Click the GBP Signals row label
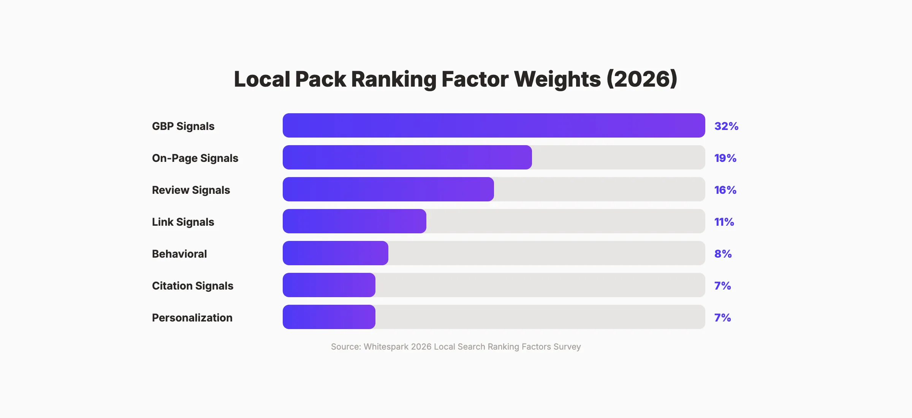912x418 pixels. point(183,126)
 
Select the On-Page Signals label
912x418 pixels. point(195,158)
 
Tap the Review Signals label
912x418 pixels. point(191,190)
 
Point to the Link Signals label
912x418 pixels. point(183,222)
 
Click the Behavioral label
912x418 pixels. point(179,254)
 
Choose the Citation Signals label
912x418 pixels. point(192,286)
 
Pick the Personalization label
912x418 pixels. point(192,318)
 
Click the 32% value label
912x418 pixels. point(726,126)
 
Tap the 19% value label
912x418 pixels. point(725,158)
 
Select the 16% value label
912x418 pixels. point(725,190)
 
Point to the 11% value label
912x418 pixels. point(724,222)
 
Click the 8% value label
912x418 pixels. point(723,254)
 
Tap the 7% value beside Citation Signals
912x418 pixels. point(722,286)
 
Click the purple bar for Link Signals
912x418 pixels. point(354,221)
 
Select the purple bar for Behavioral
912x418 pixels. point(335,253)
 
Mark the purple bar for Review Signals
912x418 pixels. point(388,189)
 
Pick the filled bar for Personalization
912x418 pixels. point(329,317)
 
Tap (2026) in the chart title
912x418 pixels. point(642,79)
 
